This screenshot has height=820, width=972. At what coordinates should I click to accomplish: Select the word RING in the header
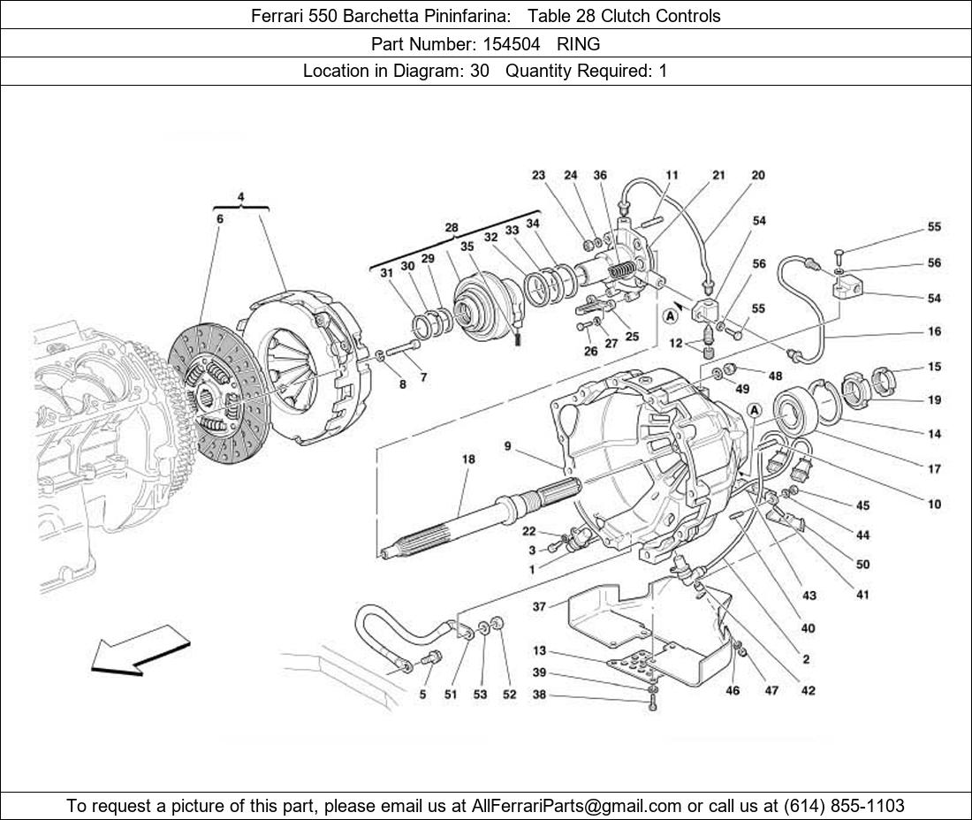578,43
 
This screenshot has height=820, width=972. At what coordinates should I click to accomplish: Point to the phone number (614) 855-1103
844,805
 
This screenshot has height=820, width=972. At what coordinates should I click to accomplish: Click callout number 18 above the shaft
468,459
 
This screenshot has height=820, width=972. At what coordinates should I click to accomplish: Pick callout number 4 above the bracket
240,196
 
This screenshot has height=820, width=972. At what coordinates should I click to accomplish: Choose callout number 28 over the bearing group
452,228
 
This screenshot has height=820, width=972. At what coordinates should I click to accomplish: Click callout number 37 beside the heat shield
539,607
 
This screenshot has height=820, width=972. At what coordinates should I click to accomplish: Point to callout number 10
934,505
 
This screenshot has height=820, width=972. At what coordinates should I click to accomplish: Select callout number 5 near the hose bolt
422,695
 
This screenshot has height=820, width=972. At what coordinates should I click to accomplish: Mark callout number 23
538,176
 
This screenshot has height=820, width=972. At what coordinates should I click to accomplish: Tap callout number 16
934,332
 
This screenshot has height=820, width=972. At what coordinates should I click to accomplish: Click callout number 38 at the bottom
539,695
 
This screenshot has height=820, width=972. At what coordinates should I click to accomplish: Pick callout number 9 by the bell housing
508,447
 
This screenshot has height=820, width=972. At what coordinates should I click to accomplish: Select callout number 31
387,274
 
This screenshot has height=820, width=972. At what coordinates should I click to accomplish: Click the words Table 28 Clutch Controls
624,16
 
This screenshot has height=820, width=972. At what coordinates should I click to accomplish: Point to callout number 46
733,690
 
